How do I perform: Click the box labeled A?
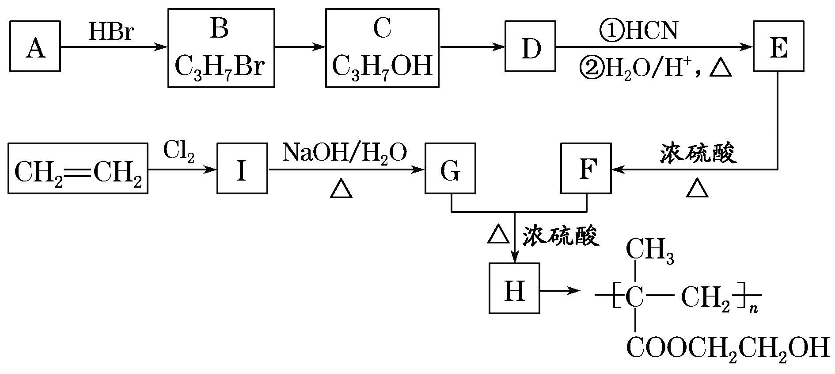[x=35, y=46]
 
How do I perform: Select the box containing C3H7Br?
[x=221, y=48]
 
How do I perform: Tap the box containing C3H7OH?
[x=382, y=48]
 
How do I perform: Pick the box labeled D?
[x=531, y=46]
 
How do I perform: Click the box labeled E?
[x=778, y=46]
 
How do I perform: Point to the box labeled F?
[x=586, y=168]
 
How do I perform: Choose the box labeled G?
[x=450, y=168]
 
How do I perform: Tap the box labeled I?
[x=242, y=168]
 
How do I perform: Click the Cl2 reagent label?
[x=178, y=152]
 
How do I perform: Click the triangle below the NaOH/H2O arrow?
[x=342, y=189]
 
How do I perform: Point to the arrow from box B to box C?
[x=300, y=46]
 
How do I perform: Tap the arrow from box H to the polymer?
[x=559, y=291]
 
